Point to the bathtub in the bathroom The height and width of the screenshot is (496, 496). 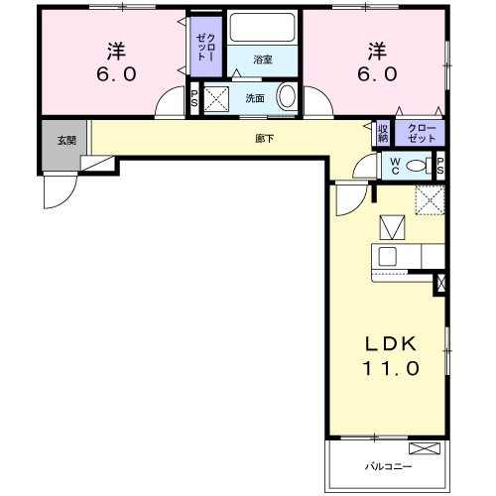click(264, 29)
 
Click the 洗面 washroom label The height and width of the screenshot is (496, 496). click(255, 98)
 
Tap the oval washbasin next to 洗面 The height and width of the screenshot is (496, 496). click(286, 97)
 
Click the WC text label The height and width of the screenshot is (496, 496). click(394, 166)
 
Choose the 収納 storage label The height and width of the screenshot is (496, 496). click(383, 132)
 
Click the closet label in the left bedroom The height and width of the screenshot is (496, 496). click(203, 47)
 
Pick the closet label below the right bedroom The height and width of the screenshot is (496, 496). click(421, 132)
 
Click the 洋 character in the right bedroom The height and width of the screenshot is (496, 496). click(377, 48)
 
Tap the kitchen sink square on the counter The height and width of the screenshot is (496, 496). click(388, 256)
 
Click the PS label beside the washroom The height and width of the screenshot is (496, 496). click(194, 98)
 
